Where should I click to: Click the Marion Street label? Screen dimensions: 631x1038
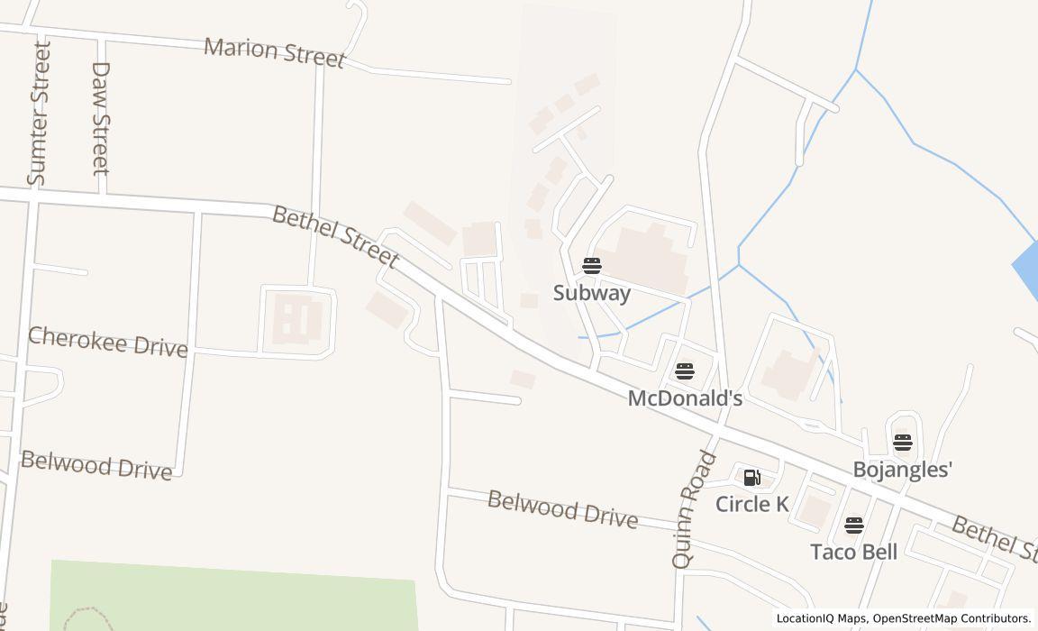tap(274, 52)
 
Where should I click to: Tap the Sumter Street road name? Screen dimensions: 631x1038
tap(39, 114)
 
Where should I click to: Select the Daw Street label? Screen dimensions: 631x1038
tap(100, 118)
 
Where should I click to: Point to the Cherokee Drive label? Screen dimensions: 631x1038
tap(108, 342)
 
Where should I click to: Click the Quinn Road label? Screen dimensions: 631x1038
tap(694, 509)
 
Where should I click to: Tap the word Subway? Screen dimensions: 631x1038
tap(591, 293)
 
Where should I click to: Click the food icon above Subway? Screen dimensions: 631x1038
tap(591, 265)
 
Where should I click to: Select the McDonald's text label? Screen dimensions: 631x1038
tap(685, 398)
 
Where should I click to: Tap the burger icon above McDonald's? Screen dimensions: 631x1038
tap(684, 370)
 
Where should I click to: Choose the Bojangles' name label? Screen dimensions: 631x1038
tap(903, 470)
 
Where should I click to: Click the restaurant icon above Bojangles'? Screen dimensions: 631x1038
tap(902, 442)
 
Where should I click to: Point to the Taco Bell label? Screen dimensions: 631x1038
tap(853, 552)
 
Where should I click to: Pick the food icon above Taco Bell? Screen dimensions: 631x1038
tap(853, 525)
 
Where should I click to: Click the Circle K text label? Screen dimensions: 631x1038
tap(751, 504)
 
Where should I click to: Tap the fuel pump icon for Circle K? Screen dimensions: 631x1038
tap(751, 478)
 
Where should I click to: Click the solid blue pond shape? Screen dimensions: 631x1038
tap(1026, 266)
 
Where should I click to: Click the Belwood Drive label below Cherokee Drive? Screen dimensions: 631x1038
tap(96, 465)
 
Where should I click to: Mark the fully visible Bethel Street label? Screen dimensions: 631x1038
tap(334, 236)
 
